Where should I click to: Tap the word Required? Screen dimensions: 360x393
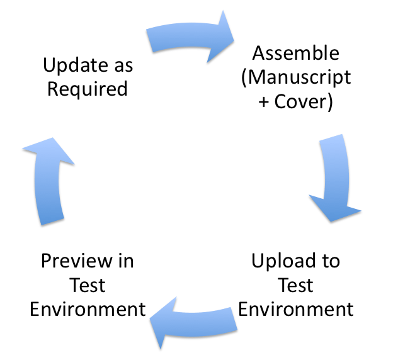(88, 89)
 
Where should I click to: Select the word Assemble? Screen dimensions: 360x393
(295, 53)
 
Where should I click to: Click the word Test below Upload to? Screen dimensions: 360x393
(295, 284)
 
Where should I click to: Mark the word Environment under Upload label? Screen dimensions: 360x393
(295, 309)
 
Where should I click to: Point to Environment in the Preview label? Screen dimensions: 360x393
(88, 309)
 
